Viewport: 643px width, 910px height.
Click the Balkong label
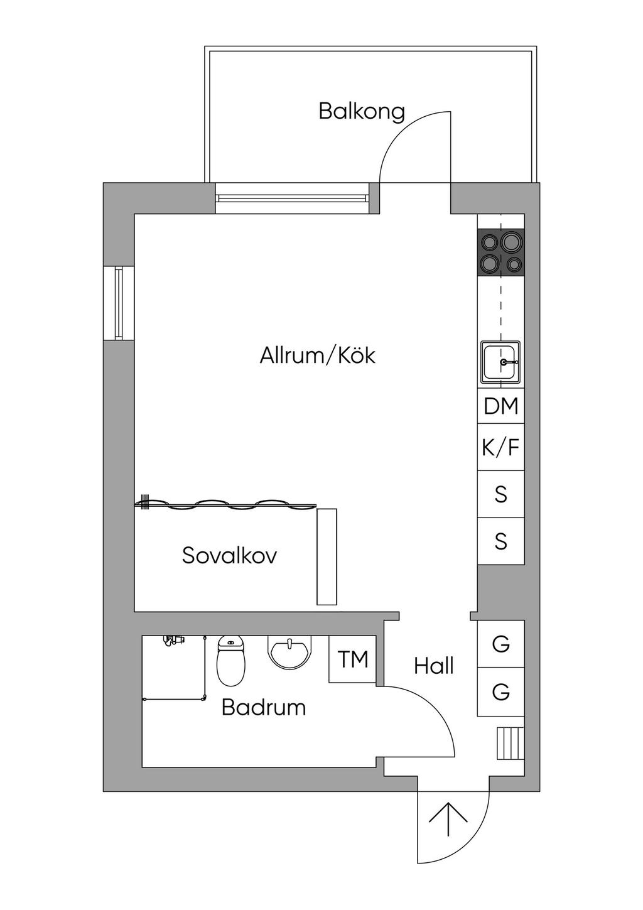click(x=362, y=112)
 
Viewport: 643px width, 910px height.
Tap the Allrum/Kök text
click(x=317, y=355)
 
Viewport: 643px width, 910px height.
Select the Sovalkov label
click(x=229, y=555)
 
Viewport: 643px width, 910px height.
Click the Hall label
click(x=433, y=666)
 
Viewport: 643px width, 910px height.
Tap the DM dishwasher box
click(x=501, y=406)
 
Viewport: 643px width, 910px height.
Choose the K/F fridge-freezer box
click(x=501, y=447)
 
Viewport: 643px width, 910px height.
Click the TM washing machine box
click(x=352, y=659)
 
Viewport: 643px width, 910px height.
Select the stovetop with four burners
click(x=501, y=252)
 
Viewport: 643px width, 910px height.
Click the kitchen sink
click(x=501, y=362)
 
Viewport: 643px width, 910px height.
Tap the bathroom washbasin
click(x=289, y=652)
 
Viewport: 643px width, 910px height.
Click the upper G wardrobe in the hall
click(x=501, y=644)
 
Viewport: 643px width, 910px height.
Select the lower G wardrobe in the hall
click(x=501, y=691)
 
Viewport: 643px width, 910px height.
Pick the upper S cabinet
click(x=501, y=494)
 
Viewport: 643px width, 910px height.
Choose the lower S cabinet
click(x=501, y=541)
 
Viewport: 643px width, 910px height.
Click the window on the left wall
click(x=119, y=303)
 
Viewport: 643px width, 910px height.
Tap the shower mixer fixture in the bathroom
click(x=173, y=640)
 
